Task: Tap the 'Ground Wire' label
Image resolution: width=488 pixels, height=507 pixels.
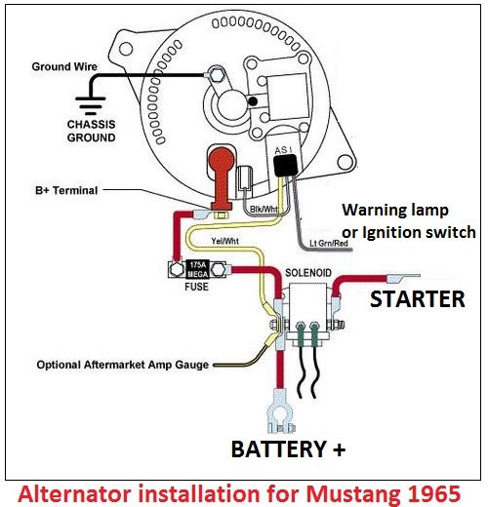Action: point(64,67)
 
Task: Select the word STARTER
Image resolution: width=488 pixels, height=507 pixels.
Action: point(417,300)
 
